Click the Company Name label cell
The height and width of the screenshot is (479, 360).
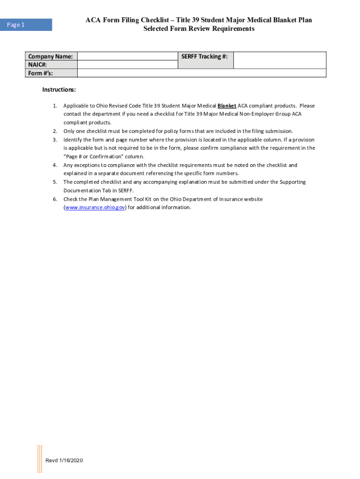point(51,57)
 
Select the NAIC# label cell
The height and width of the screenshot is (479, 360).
point(51,65)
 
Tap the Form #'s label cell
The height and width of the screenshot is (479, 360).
point(51,73)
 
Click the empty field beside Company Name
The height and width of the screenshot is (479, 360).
point(128,57)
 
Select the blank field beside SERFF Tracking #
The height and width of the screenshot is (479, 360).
point(279,60)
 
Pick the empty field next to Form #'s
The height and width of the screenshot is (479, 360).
point(201,73)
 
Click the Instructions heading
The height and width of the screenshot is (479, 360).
point(59,90)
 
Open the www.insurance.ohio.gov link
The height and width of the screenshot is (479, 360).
point(95,208)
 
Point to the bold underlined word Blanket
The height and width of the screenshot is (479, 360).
point(227,106)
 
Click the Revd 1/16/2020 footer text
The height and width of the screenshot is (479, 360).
point(64,461)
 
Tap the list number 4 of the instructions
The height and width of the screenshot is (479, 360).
point(55,165)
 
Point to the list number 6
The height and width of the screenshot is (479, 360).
point(55,199)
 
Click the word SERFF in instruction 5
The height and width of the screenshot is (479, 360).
point(125,191)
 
